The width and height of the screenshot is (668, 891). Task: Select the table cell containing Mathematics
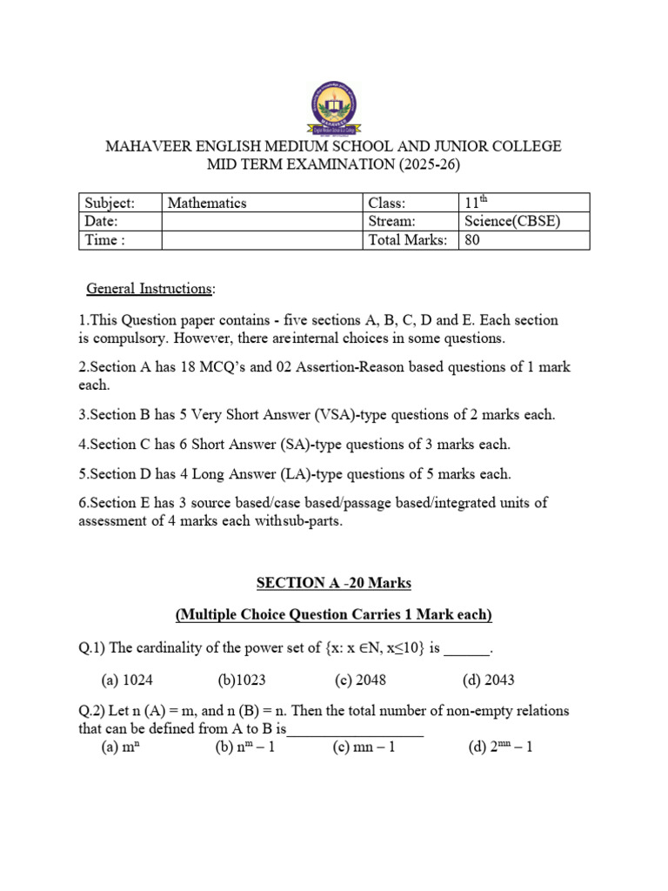click(x=207, y=203)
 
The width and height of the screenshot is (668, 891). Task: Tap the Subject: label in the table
click(x=110, y=203)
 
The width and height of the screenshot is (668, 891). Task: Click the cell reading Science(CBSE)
click(x=512, y=221)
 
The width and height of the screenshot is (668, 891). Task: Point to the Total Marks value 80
click(x=472, y=239)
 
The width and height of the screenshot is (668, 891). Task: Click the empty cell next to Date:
click(x=261, y=221)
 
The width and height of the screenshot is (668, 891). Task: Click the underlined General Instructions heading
click(x=149, y=288)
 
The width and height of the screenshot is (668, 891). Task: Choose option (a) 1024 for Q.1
click(x=127, y=680)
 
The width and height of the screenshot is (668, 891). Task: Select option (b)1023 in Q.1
click(x=244, y=680)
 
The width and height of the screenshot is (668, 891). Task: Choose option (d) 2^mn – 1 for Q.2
click(x=500, y=747)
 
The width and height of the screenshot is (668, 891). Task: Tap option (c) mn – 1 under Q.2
click(x=364, y=747)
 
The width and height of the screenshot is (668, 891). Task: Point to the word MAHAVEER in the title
click(x=144, y=146)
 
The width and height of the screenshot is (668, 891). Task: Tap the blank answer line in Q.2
click(x=355, y=731)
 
